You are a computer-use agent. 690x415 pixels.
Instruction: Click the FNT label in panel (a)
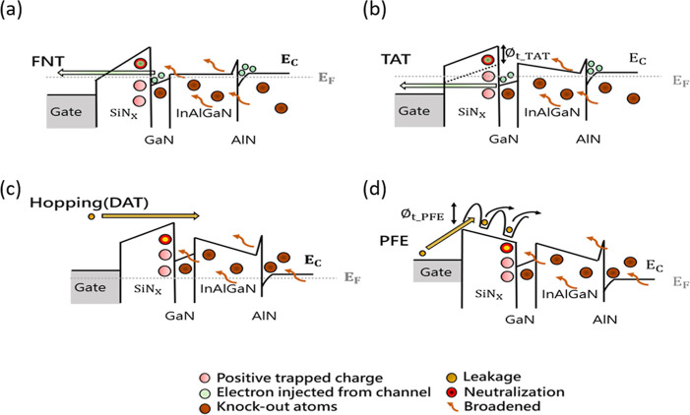point(48,61)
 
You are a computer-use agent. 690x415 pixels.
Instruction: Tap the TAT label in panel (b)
point(396,59)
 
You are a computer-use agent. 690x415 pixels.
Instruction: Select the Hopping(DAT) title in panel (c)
point(90,203)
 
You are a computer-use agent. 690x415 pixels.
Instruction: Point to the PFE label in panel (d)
point(395,241)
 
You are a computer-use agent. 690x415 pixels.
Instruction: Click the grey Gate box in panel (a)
point(71,111)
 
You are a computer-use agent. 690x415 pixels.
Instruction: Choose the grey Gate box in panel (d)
point(437,270)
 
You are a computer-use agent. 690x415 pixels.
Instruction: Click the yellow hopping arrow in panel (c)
point(151,215)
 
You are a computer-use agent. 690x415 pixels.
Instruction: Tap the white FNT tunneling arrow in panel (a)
point(106,73)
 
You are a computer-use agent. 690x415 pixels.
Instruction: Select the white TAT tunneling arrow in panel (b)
point(446,87)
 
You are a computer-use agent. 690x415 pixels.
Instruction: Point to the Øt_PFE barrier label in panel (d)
point(421,215)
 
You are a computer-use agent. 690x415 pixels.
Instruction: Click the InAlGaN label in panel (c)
point(228,289)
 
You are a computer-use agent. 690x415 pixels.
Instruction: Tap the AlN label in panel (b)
point(589,139)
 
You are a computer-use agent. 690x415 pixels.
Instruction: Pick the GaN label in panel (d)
point(520,319)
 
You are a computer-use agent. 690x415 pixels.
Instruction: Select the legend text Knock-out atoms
point(277,406)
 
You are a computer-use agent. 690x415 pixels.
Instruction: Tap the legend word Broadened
point(502,406)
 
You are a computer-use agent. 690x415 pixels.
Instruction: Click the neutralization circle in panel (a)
point(141,64)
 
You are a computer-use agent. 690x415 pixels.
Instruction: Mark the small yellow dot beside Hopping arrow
point(92,216)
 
